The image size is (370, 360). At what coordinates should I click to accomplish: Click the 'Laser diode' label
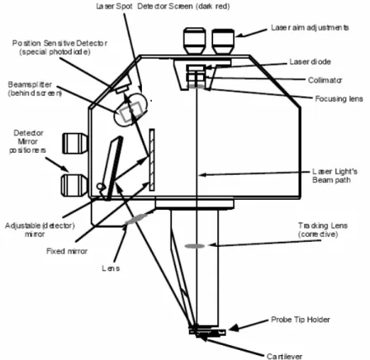tap(310, 62)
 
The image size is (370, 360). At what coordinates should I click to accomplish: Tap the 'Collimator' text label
tap(325, 80)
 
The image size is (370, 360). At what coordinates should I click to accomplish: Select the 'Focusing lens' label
tap(339, 99)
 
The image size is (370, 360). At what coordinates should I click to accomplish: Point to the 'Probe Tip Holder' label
tap(301, 320)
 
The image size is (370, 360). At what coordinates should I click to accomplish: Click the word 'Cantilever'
tap(284, 356)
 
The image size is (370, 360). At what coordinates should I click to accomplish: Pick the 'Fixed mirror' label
tap(67, 251)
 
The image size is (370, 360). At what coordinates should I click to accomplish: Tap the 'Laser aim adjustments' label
tap(310, 27)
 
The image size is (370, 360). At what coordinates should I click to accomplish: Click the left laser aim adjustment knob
tap(195, 40)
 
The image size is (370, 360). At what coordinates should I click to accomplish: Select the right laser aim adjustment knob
tap(223, 41)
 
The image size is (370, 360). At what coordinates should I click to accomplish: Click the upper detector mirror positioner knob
tap(74, 144)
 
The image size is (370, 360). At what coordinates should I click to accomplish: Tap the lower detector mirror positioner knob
tap(74, 185)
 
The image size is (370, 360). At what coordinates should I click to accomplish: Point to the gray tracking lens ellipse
tap(195, 246)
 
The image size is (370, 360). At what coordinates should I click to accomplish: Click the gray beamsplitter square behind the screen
tap(130, 111)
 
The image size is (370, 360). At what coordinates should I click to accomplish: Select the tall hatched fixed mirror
tap(152, 159)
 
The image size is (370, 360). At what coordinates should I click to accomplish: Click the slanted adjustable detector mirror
tap(113, 168)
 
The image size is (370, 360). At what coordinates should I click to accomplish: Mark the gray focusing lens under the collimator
tap(196, 87)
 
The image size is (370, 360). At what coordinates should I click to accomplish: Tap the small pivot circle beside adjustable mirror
tap(101, 187)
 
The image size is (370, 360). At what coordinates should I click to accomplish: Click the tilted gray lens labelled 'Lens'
tap(136, 219)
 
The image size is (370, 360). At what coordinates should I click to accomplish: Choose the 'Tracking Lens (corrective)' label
tap(322, 230)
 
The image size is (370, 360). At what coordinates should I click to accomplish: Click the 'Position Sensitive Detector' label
tap(59, 47)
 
